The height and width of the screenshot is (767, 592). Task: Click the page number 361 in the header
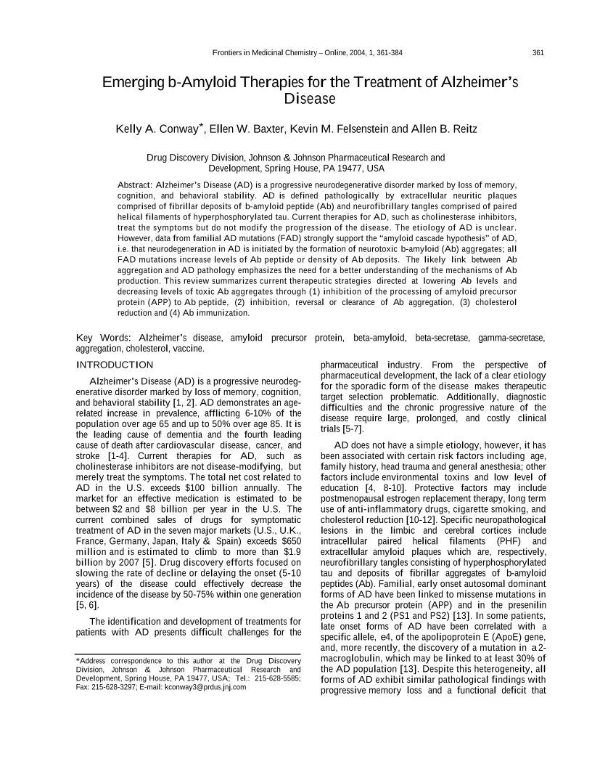pos(538,52)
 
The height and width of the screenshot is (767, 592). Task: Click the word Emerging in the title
pos(133,83)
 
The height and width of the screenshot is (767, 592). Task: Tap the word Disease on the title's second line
pos(310,99)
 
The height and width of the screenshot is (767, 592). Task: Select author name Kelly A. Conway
pos(160,130)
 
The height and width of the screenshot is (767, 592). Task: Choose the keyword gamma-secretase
pos(511,337)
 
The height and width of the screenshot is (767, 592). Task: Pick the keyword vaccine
pos(189,349)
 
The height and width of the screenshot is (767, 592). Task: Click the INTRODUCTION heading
pos(115,365)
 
